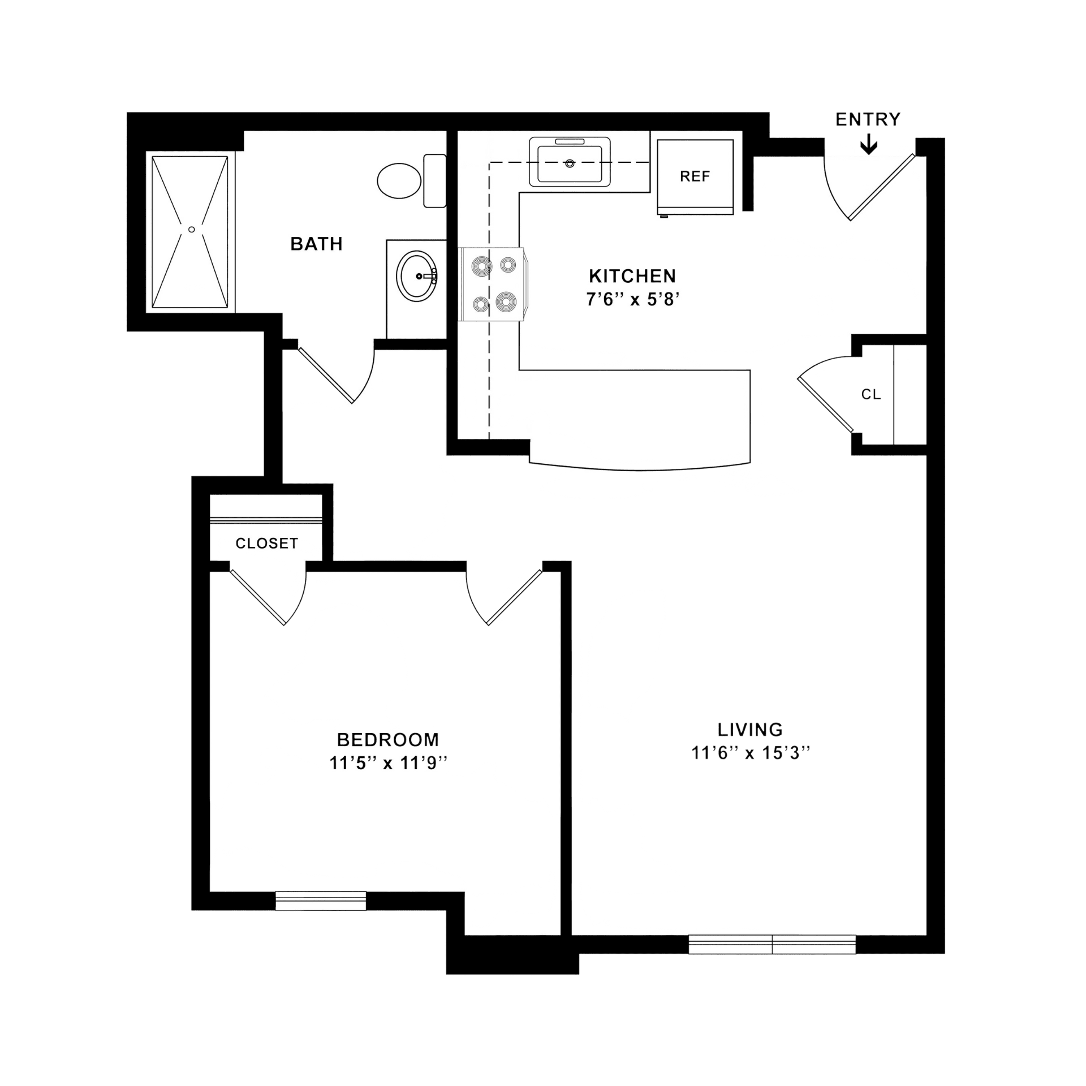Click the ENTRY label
click(x=868, y=119)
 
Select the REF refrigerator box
click(x=695, y=177)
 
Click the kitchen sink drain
click(x=570, y=163)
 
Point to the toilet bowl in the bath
click(x=399, y=180)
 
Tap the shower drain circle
click(x=192, y=230)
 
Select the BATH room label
click(x=316, y=244)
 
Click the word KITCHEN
click(x=632, y=276)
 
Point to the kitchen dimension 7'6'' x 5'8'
click(x=632, y=299)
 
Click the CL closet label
click(x=871, y=394)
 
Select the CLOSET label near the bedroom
click(x=266, y=543)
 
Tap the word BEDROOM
click(x=388, y=739)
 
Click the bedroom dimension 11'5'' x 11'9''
click(x=388, y=763)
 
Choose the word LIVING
click(x=750, y=730)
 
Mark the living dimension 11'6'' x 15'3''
click(x=751, y=753)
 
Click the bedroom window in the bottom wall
click(x=321, y=901)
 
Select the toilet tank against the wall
click(x=434, y=180)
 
